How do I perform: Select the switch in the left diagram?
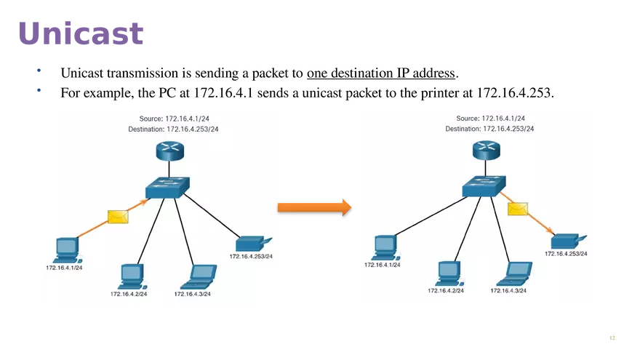(x=167, y=188)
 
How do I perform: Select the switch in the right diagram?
(x=484, y=187)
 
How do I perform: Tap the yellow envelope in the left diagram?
(x=118, y=217)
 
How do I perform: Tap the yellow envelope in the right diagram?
(x=517, y=209)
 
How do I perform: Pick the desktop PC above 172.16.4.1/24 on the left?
(x=67, y=249)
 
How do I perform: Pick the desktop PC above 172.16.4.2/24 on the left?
(x=131, y=275)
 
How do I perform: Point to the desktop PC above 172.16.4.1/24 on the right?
(x=385, y=247)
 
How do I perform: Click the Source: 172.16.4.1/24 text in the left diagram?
(x=174, y=119)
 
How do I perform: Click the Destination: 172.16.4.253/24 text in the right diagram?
(x=489, y=129)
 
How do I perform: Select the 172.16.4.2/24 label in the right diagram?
(x=446, y=290)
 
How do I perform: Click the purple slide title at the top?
(x=81, y=33)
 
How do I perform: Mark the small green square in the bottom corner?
(x=611, y=337)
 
